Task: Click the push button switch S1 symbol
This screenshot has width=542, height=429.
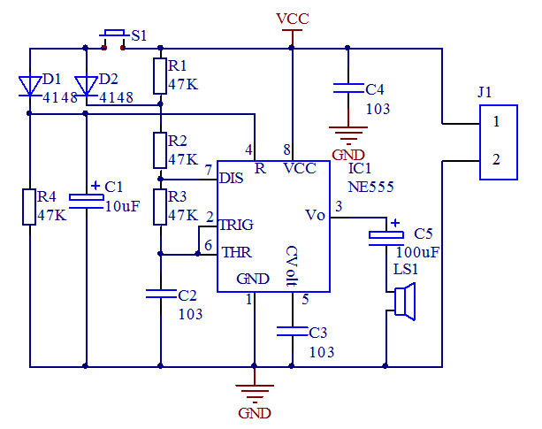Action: [113, 36]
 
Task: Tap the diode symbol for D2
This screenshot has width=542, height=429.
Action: [86, 86]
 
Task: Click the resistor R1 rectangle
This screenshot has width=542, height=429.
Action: [160, 76]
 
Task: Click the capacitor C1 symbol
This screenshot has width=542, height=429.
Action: [86, 200]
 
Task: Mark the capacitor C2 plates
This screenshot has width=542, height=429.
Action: [160, 294]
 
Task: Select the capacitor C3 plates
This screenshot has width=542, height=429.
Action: [293, 332]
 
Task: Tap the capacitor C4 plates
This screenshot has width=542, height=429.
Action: [348, 88]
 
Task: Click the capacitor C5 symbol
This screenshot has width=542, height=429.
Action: [386, 237]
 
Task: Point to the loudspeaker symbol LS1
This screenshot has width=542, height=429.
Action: [402, 301]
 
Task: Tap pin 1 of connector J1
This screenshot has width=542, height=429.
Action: [497, 119]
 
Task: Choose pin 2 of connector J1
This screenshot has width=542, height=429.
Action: [497, 159]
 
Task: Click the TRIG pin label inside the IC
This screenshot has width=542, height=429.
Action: [237, 226]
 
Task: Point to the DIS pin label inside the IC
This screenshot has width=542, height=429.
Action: [231, 178]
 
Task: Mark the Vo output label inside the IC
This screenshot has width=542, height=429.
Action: [315, 215]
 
